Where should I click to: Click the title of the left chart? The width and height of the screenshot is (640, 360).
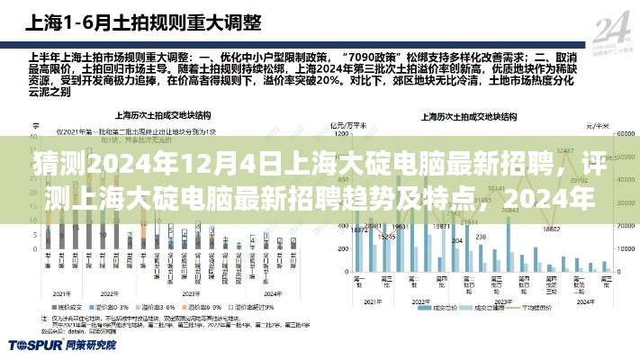click(154, 116)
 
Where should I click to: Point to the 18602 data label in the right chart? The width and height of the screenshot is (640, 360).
click(386, 236)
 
